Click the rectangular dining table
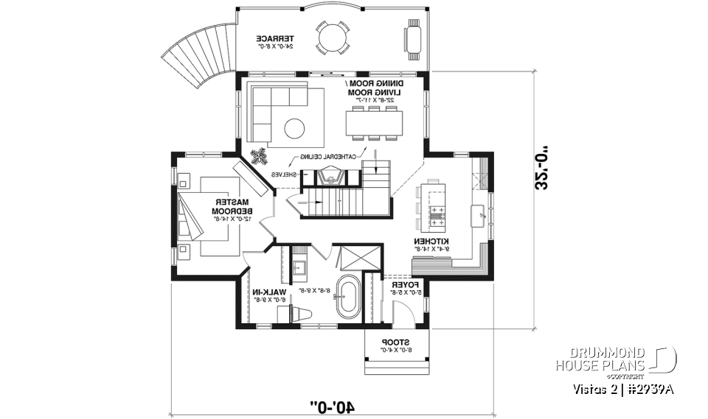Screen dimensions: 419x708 coord(374,122)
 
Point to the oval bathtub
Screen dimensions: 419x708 coord(347,298)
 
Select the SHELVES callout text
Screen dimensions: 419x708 coord(283,175)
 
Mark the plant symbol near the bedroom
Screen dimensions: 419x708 coord(259,156)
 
